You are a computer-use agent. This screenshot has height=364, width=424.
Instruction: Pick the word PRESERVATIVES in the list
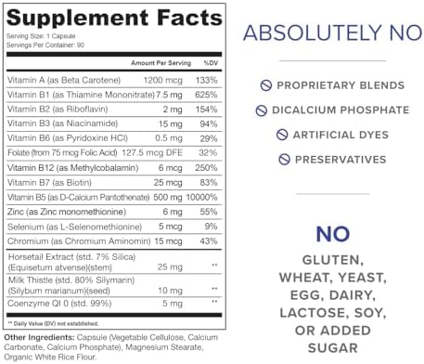(340, 160)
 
